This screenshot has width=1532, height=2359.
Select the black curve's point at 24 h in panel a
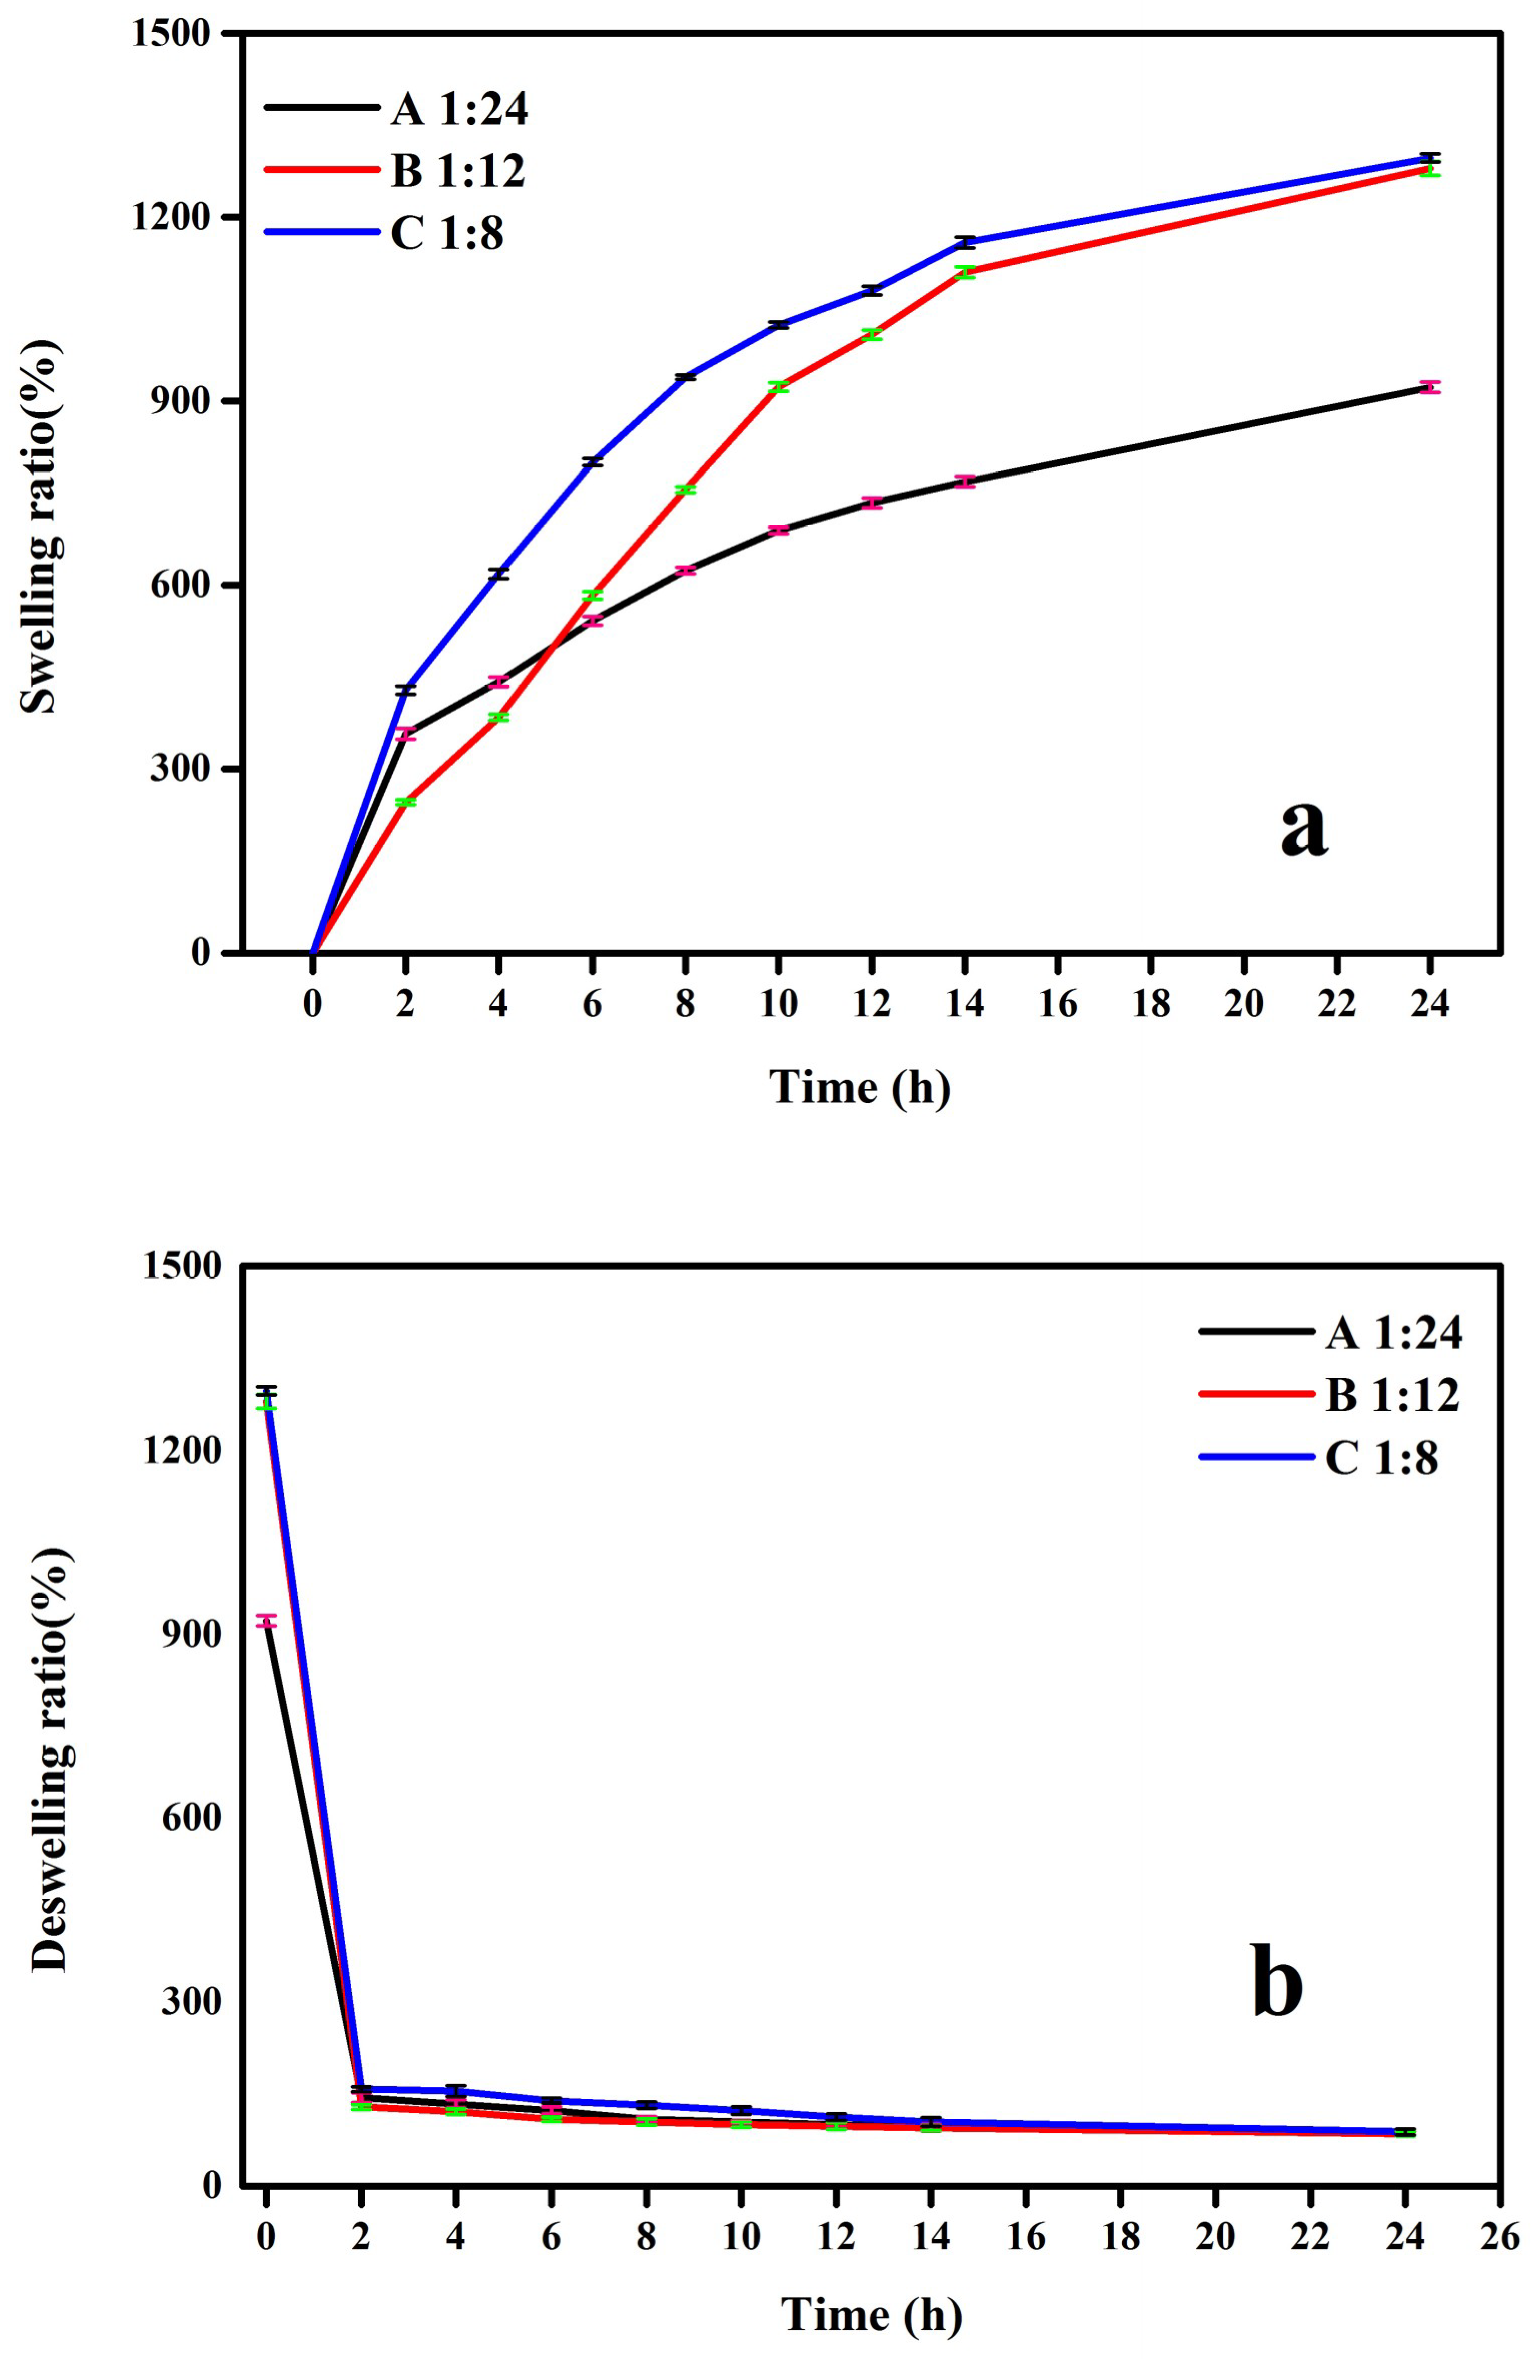point(1429,387)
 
